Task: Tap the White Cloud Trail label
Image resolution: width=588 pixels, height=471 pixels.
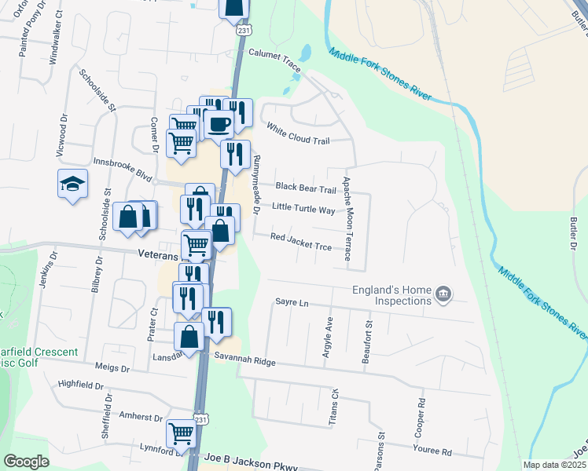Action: click(297, 133)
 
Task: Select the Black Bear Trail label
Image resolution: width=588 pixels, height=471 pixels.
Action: click(306, 188)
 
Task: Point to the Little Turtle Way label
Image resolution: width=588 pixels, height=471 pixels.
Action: click(303, 210)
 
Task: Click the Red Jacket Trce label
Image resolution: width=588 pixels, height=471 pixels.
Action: click(301, 241)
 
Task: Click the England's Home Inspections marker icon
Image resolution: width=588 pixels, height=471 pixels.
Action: click(443, 294)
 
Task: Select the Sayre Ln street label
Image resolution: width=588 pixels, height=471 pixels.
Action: click(289, 301)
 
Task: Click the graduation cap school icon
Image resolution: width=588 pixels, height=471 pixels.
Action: click(72, 184)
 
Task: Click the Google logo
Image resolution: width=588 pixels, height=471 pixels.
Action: click(26, 462)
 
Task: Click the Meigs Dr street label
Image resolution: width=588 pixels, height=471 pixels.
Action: click(112, 368)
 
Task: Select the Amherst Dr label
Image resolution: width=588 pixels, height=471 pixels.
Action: click(140, 418)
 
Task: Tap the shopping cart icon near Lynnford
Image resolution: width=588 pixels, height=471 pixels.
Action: click(181, 433)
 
